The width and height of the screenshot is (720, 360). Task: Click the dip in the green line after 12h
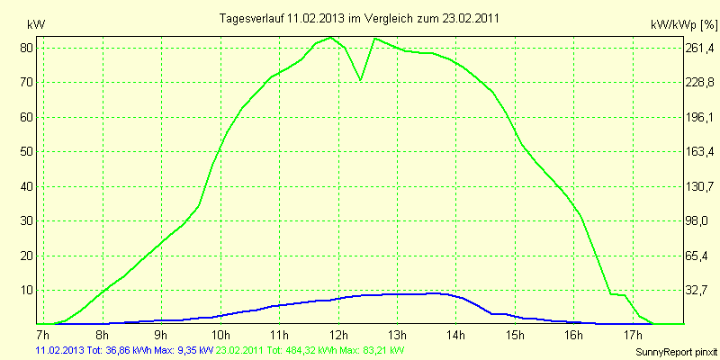coord(361,79)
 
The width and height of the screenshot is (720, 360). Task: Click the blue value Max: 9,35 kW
coord(189,349)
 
